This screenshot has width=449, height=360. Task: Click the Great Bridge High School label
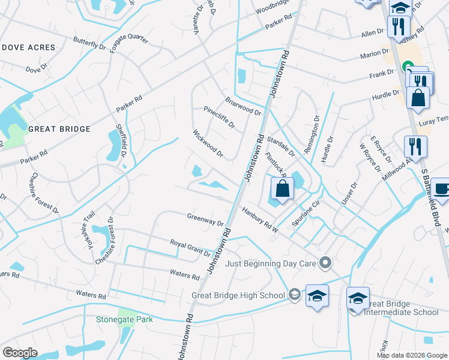pos(238,295)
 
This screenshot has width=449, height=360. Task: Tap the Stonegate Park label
pos(125,319)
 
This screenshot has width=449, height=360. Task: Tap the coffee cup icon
pos(441,188)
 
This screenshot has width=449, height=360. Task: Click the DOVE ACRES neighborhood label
pos(28,47)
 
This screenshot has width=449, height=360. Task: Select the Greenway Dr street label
pos(205,220)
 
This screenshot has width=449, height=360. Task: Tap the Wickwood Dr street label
pos(208,144)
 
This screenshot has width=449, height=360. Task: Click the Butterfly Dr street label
pos(89,46)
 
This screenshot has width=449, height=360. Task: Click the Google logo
pos(20,353)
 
